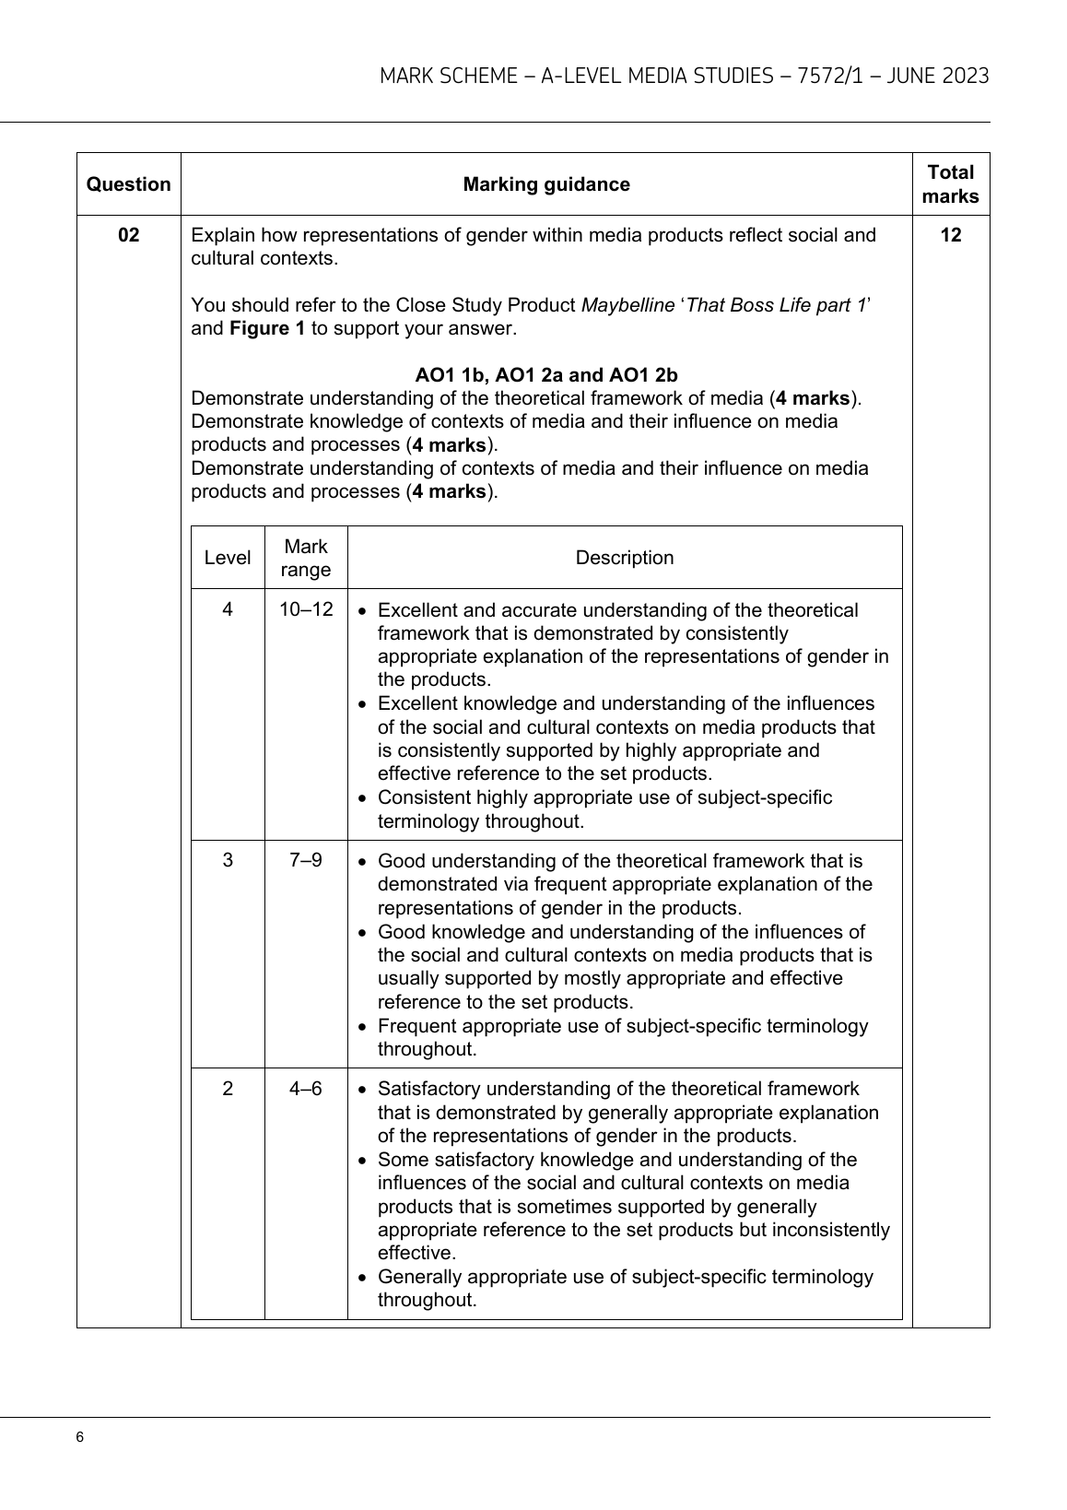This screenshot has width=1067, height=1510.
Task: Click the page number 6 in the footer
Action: click(x=80, y=1438)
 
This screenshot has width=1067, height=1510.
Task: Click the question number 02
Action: click(x=129, y=235)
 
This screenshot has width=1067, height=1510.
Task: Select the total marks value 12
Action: click(x=951, y=235)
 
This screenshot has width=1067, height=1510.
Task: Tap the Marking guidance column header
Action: click(x=546, y=184)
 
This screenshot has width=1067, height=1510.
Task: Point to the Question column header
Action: click(x=129, y=184)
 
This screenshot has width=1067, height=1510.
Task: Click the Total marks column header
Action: click(x=951, y=184)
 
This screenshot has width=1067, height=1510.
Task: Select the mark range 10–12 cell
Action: click(x=306, y=610)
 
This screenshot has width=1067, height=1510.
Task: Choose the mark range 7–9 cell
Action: click(x=306, y=860)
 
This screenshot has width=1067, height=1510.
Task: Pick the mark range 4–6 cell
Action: click(x=306, y=1089)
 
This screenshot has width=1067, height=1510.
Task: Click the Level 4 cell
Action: click(x=228, y=610)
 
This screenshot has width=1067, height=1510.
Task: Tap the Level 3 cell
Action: click(x=228, y=860)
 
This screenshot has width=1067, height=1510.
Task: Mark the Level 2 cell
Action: click(x=228, y=1089)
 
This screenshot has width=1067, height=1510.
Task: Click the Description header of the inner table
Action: click(x=625, y=558)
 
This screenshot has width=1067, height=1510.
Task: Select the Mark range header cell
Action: click(x=306, y=558)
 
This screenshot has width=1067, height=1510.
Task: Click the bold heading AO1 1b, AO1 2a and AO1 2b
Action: click(x=546, y=375)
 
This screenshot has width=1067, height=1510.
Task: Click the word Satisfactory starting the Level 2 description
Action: click(x=428, y=1089)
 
